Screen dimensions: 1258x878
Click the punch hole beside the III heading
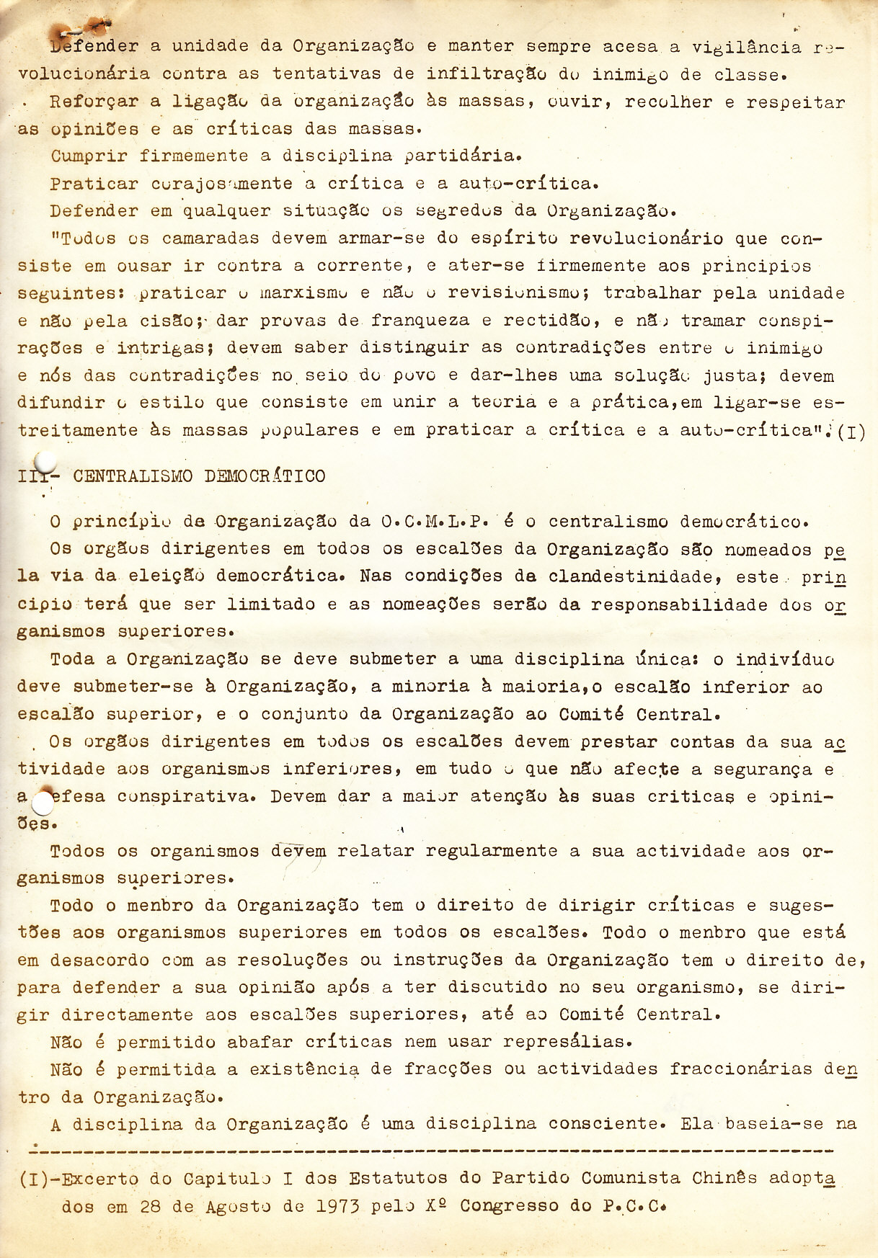(45, 462)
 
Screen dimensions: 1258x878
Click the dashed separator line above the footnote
(433, 1151)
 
